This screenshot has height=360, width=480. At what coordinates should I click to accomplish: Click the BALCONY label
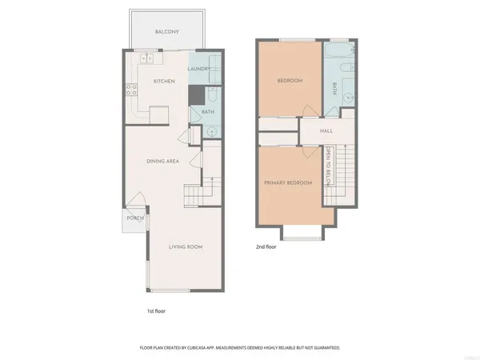click(166, 31)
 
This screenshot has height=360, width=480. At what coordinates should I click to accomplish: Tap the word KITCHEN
click(164, 82)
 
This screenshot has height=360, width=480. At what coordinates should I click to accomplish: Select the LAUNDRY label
click(198, 69)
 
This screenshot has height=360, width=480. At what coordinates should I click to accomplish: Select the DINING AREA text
click(162, 161)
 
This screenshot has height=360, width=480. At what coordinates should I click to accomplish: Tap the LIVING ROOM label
click(185, 246)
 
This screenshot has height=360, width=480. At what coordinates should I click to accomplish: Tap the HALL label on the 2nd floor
click(326, 130)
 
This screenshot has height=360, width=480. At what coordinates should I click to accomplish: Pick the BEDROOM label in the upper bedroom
click(289, 81)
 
